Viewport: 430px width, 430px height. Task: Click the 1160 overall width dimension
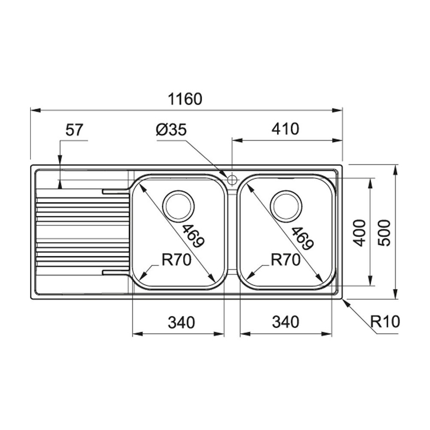point(184,99)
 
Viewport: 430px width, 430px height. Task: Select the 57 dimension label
point(74,130)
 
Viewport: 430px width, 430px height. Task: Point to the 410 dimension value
point(284,129)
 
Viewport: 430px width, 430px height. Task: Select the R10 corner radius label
point(385,321)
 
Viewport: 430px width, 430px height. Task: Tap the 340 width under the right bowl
point(285,322)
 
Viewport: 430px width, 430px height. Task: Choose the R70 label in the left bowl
point(176,260)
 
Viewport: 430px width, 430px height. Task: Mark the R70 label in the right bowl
point(285,260)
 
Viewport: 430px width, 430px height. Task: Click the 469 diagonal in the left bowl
point(192,236)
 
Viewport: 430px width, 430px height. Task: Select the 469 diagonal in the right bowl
point(301,239)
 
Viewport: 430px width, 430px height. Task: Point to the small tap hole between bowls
point(232,179)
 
